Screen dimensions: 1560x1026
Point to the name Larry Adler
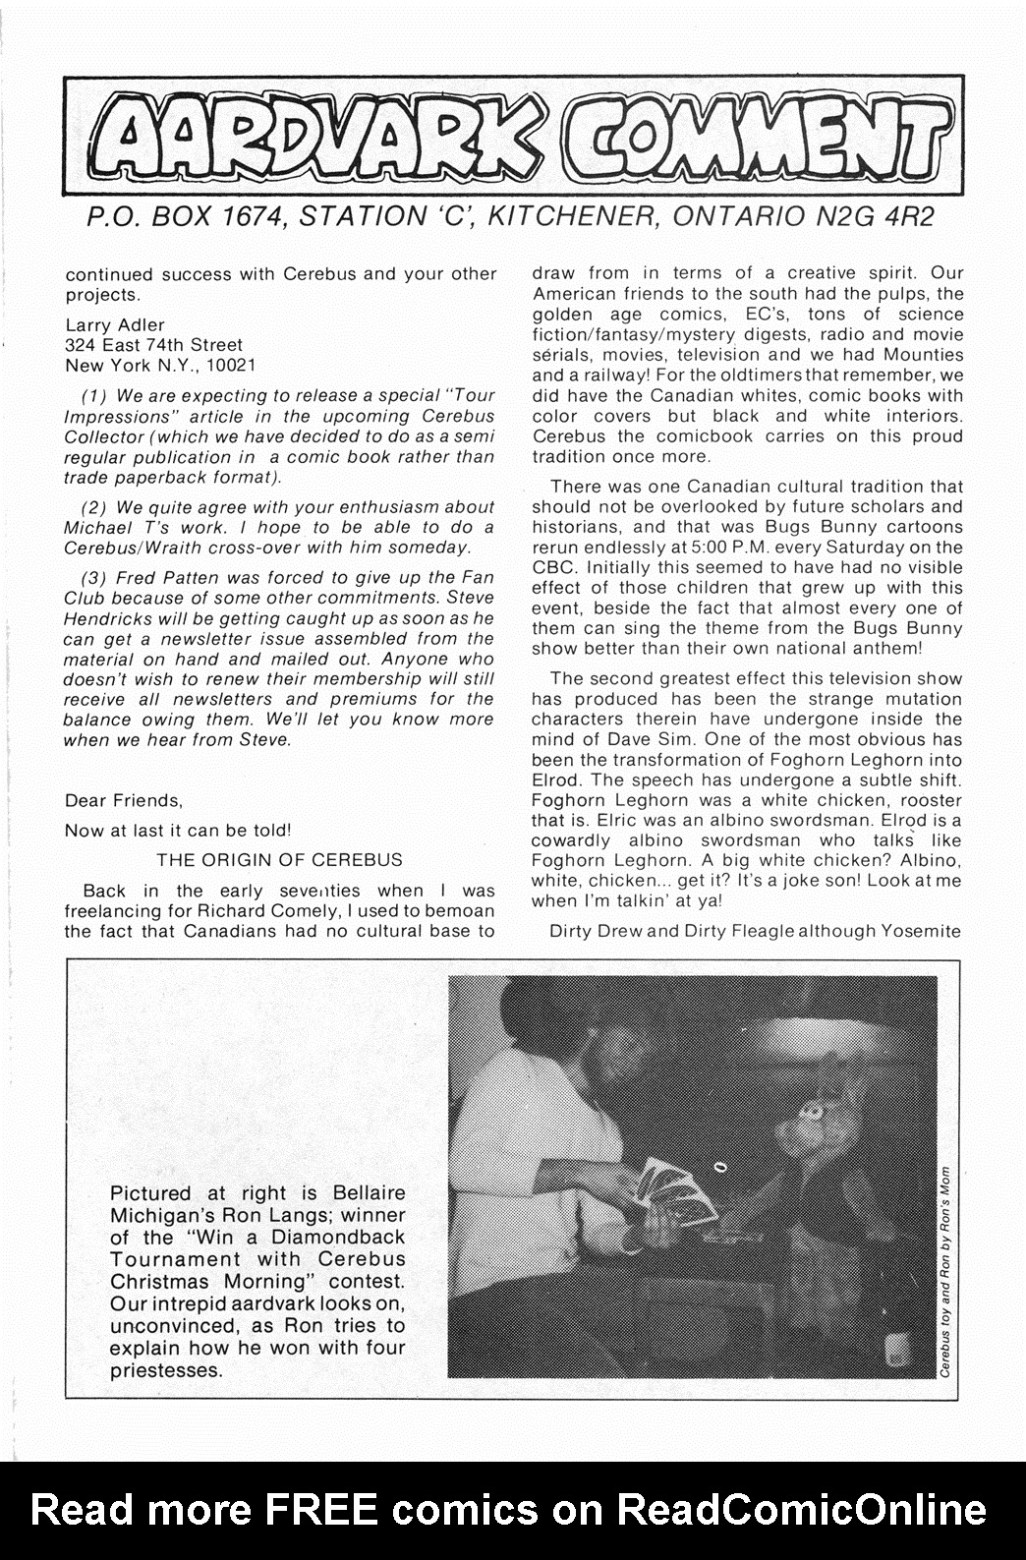[x=114, y=324]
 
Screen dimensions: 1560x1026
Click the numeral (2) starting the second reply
[x=94, y=507]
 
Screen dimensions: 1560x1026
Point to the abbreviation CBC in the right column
[x=553, y=567]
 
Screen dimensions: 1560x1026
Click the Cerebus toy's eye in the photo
[x=810, y=1110]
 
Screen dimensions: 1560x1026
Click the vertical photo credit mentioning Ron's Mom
[x=943, y=1268]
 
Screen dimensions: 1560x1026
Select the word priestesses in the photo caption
[x=163, y=1369]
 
